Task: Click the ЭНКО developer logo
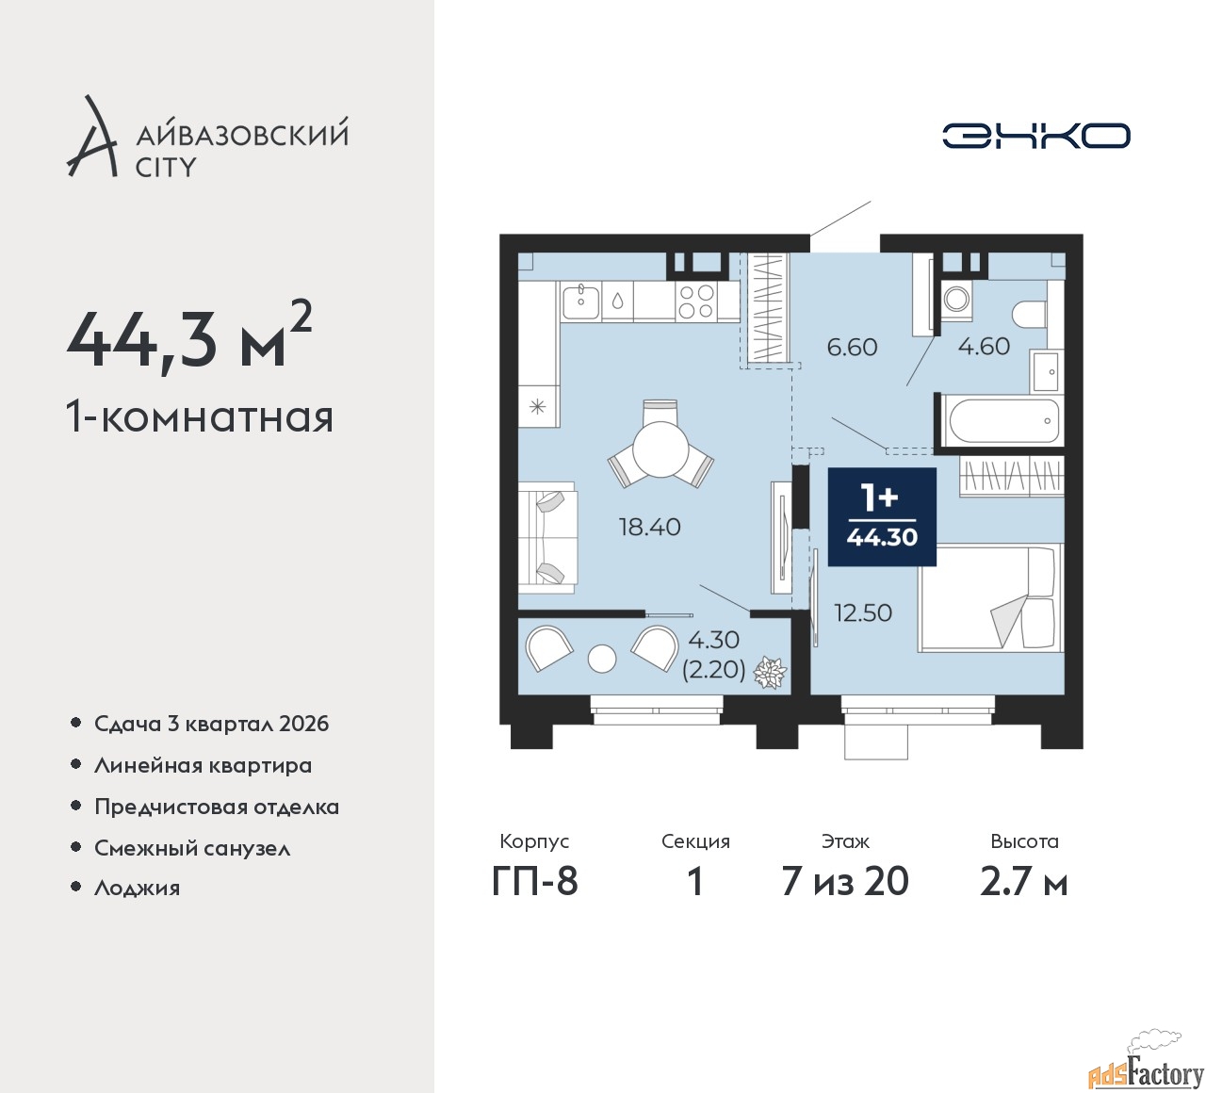pyautogui.click(x=1035, y=136)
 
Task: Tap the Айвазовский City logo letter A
pyautogui.click(x=92, y=136)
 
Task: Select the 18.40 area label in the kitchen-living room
pyautogui.click(x=649, y=528)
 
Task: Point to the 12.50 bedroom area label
pyautogui.click(x=863, y=612)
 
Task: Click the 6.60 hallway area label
pyautogui.click(x=852, y=347)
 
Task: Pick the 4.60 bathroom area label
pyautogui.click(x=984, y=347)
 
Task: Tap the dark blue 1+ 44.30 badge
pyautogui.click(x=882, y=516)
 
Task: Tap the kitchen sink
pyautogui.click(x=580, y=301)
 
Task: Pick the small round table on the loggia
pyautogui.click(x=602, y=659)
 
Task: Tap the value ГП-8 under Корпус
pyautogui.click(x=535, y=881)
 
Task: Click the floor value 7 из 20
pyautogui.click(x=845, y=881)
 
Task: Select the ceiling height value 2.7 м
pyautogui.click(x=1023, y=882)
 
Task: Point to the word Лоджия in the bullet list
pyautogui.click(x=137, y=889)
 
